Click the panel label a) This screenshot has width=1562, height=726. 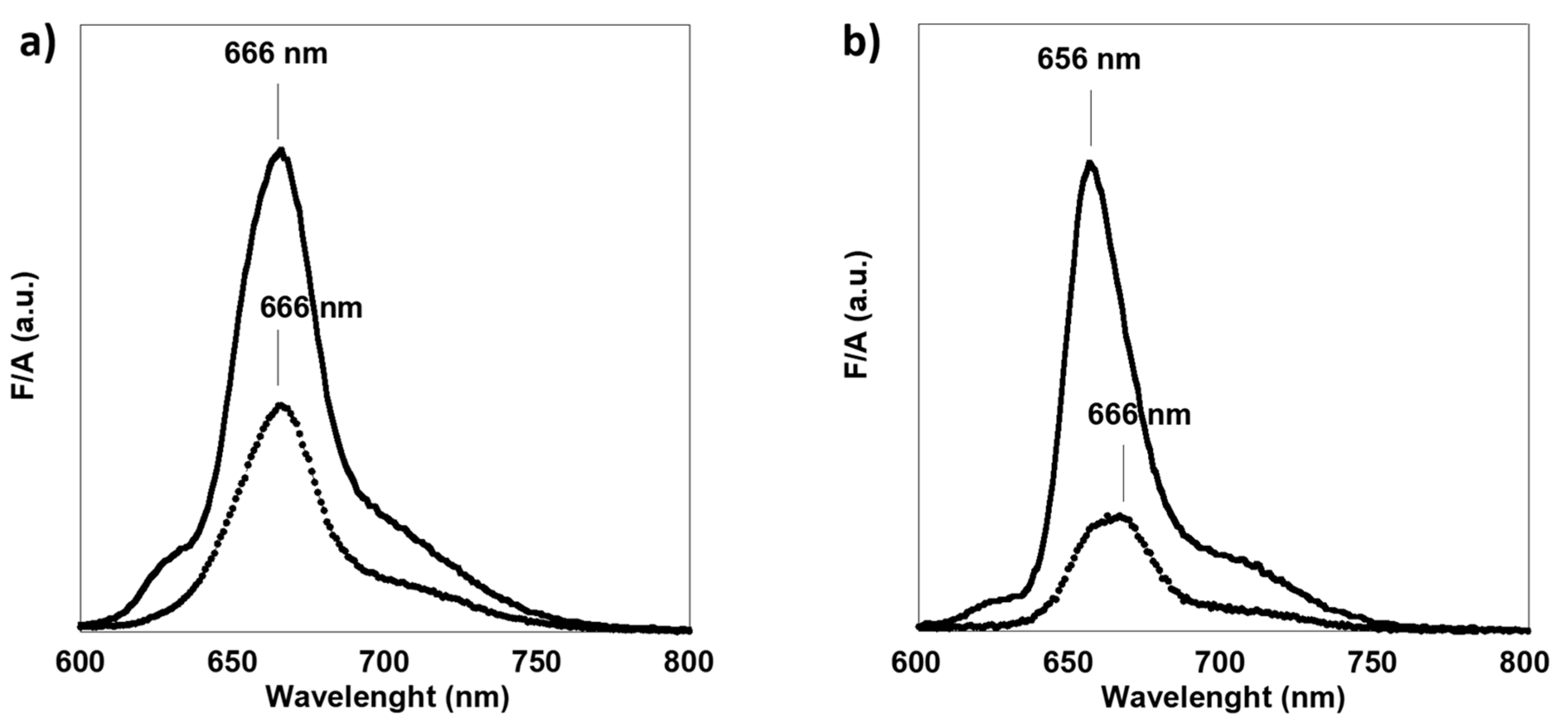click(38, 44)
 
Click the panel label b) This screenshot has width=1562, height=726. click(861, 44)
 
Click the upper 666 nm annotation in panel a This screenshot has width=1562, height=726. click(276, 54)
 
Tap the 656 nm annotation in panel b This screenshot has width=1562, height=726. click(1088, 59)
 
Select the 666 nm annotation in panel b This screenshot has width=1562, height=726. click(1139, 415)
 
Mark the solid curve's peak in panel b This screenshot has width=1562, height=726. click(1090, 162)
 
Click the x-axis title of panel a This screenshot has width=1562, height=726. click(387, 697)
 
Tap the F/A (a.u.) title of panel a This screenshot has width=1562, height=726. click(24, 335)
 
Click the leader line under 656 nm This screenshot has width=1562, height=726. click(1091, 118)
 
